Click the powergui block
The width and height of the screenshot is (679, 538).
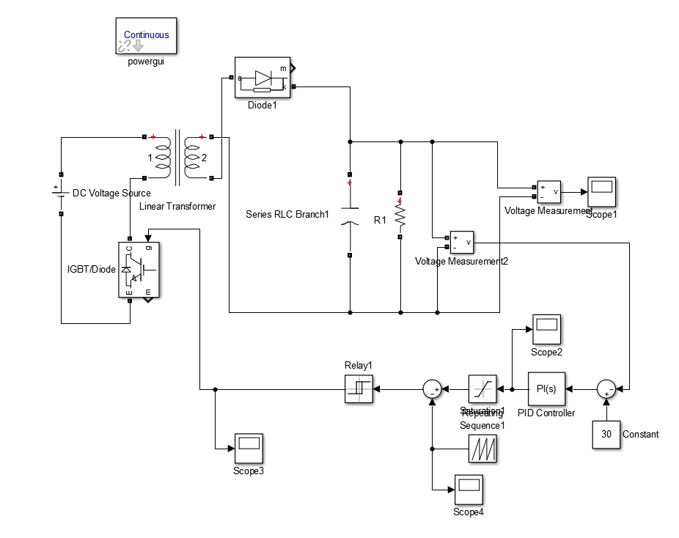coord(146,37)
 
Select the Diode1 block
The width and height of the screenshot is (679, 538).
coord(262,78)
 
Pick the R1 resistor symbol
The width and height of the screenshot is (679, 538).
coord(400,215)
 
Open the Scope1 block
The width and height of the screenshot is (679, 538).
coord(601,191)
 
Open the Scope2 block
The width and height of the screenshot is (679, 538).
coord(546,329)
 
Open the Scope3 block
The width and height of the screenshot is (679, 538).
coord(249,449)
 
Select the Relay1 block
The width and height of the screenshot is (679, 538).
coord(359,389)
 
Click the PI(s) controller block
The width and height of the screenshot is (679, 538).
coord(546,389)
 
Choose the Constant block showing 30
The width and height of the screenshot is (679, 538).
coord(606,434)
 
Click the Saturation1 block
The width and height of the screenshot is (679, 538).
coord(482,389)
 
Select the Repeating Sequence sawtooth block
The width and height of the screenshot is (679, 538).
coord(482,449)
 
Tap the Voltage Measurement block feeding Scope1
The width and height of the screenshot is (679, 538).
coord(548,192)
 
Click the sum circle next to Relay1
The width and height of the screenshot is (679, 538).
coord(433,389)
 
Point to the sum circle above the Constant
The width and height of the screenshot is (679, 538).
coord(606,389)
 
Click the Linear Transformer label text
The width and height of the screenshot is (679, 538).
coord(177,206)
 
